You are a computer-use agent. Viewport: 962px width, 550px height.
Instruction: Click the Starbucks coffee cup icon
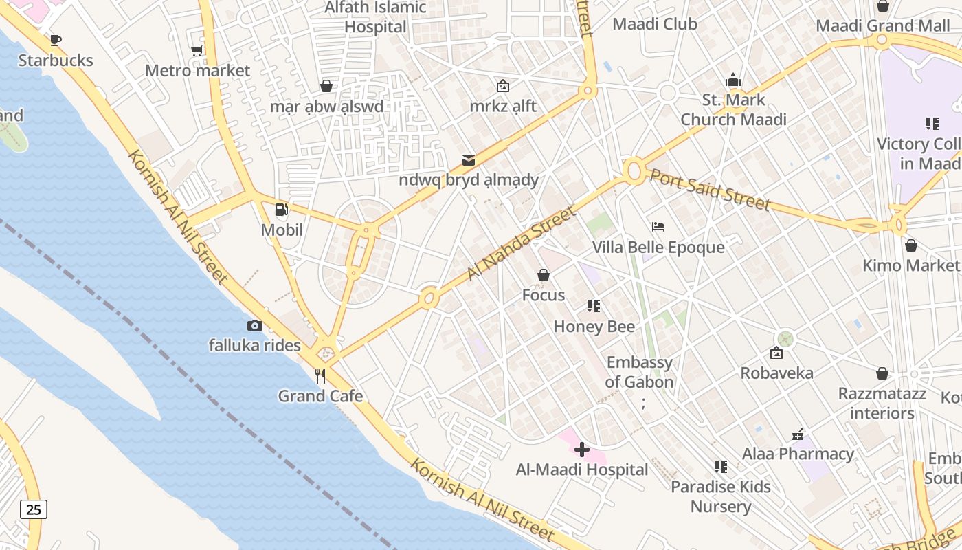(56, 41)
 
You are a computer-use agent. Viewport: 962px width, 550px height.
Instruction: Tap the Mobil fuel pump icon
(281, 210)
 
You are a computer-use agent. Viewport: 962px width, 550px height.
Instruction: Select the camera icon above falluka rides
(255, 325)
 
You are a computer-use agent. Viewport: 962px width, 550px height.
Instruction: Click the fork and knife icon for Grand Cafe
(320, 375)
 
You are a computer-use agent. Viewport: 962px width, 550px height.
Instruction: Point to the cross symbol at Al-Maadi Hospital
(582, 450)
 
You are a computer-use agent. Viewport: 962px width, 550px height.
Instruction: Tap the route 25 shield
(34, 509)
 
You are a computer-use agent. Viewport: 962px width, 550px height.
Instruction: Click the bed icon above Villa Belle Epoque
(658, 227)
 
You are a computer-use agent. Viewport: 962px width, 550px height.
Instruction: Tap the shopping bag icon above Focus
(544, 276)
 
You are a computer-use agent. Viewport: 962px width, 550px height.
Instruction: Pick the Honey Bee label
(594, 327)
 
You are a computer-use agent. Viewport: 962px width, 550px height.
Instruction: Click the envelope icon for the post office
(469, 160)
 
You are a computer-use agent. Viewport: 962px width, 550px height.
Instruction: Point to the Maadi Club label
(655, 24)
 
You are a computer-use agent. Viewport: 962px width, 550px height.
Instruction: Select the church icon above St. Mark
(733, 80)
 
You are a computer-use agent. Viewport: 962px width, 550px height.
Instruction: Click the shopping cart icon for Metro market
(197, 50)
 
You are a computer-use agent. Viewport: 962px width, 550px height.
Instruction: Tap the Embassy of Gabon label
(640, 372)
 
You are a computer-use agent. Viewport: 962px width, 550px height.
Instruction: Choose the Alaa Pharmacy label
(798, 454)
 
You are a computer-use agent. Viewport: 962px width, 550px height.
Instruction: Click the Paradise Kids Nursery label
(721, 496)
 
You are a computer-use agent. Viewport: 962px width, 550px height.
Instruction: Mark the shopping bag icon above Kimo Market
(911, 245)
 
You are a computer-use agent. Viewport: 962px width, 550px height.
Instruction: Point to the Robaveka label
(776, 373)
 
